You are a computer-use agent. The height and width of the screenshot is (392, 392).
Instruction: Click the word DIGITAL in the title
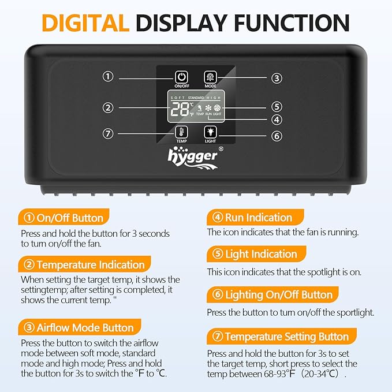(x=85, y=23)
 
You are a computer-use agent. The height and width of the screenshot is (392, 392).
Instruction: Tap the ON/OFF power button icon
(x=181, y=77)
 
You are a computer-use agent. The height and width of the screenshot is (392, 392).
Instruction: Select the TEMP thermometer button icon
(x=181, y=132)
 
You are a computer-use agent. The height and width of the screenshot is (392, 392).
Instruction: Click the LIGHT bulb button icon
(x=211, y=132)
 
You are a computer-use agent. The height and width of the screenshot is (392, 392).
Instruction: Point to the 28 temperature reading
(x=180, y=109)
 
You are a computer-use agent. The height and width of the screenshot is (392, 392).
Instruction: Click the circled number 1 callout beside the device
(x=108, y=76)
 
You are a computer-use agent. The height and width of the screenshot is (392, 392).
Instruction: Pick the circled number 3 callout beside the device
(x=277, y=79)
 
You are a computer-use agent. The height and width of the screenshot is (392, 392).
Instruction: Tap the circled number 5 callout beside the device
(x=277, y=107)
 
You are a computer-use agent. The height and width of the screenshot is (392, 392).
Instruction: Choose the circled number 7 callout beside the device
(x=108, y=133)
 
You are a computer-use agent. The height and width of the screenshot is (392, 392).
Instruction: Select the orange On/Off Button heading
(x=64, y=217)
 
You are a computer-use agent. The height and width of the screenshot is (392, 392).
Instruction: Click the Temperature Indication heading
(x=84, y=264)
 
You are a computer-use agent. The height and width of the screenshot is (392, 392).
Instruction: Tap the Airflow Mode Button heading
(x=79, y=327)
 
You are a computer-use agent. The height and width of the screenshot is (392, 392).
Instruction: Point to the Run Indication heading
(x=255, y=217)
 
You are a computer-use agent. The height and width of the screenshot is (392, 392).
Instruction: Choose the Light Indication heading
(x=256, y=254)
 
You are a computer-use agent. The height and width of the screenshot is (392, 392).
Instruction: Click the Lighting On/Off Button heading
(x=272, y=294)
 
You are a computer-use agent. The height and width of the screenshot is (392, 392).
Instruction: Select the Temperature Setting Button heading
(x=282, y=336)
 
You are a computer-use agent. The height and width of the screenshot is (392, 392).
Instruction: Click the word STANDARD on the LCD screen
(x=196, y=98)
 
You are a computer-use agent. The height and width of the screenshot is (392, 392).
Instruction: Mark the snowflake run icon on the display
(x=208, y=108)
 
